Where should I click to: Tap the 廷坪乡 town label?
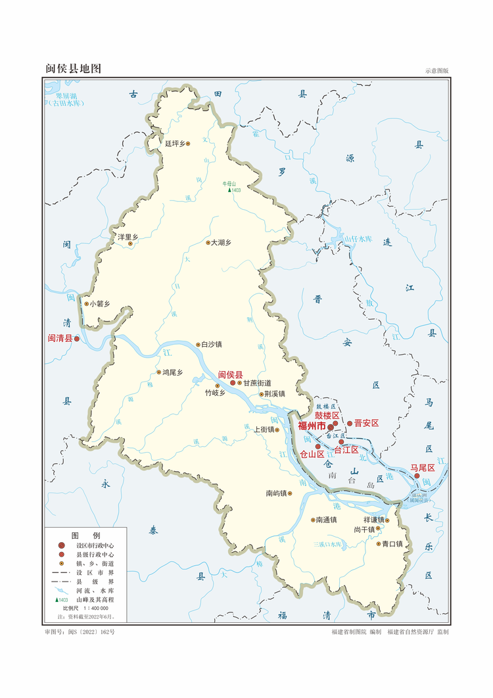[176, 143]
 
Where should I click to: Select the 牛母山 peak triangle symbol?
[229, 190]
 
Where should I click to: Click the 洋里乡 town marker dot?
[130, 244]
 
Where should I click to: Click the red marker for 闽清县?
[76, 339]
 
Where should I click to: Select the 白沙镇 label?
[211, 344]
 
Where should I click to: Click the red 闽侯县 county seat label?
[230, 374]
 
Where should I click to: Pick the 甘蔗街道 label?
[257, 382]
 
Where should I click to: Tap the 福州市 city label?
[312, 426]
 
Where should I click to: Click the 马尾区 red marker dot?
[417, 476]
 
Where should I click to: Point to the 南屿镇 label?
[276, 493]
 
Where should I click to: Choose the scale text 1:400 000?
[92, 609]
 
